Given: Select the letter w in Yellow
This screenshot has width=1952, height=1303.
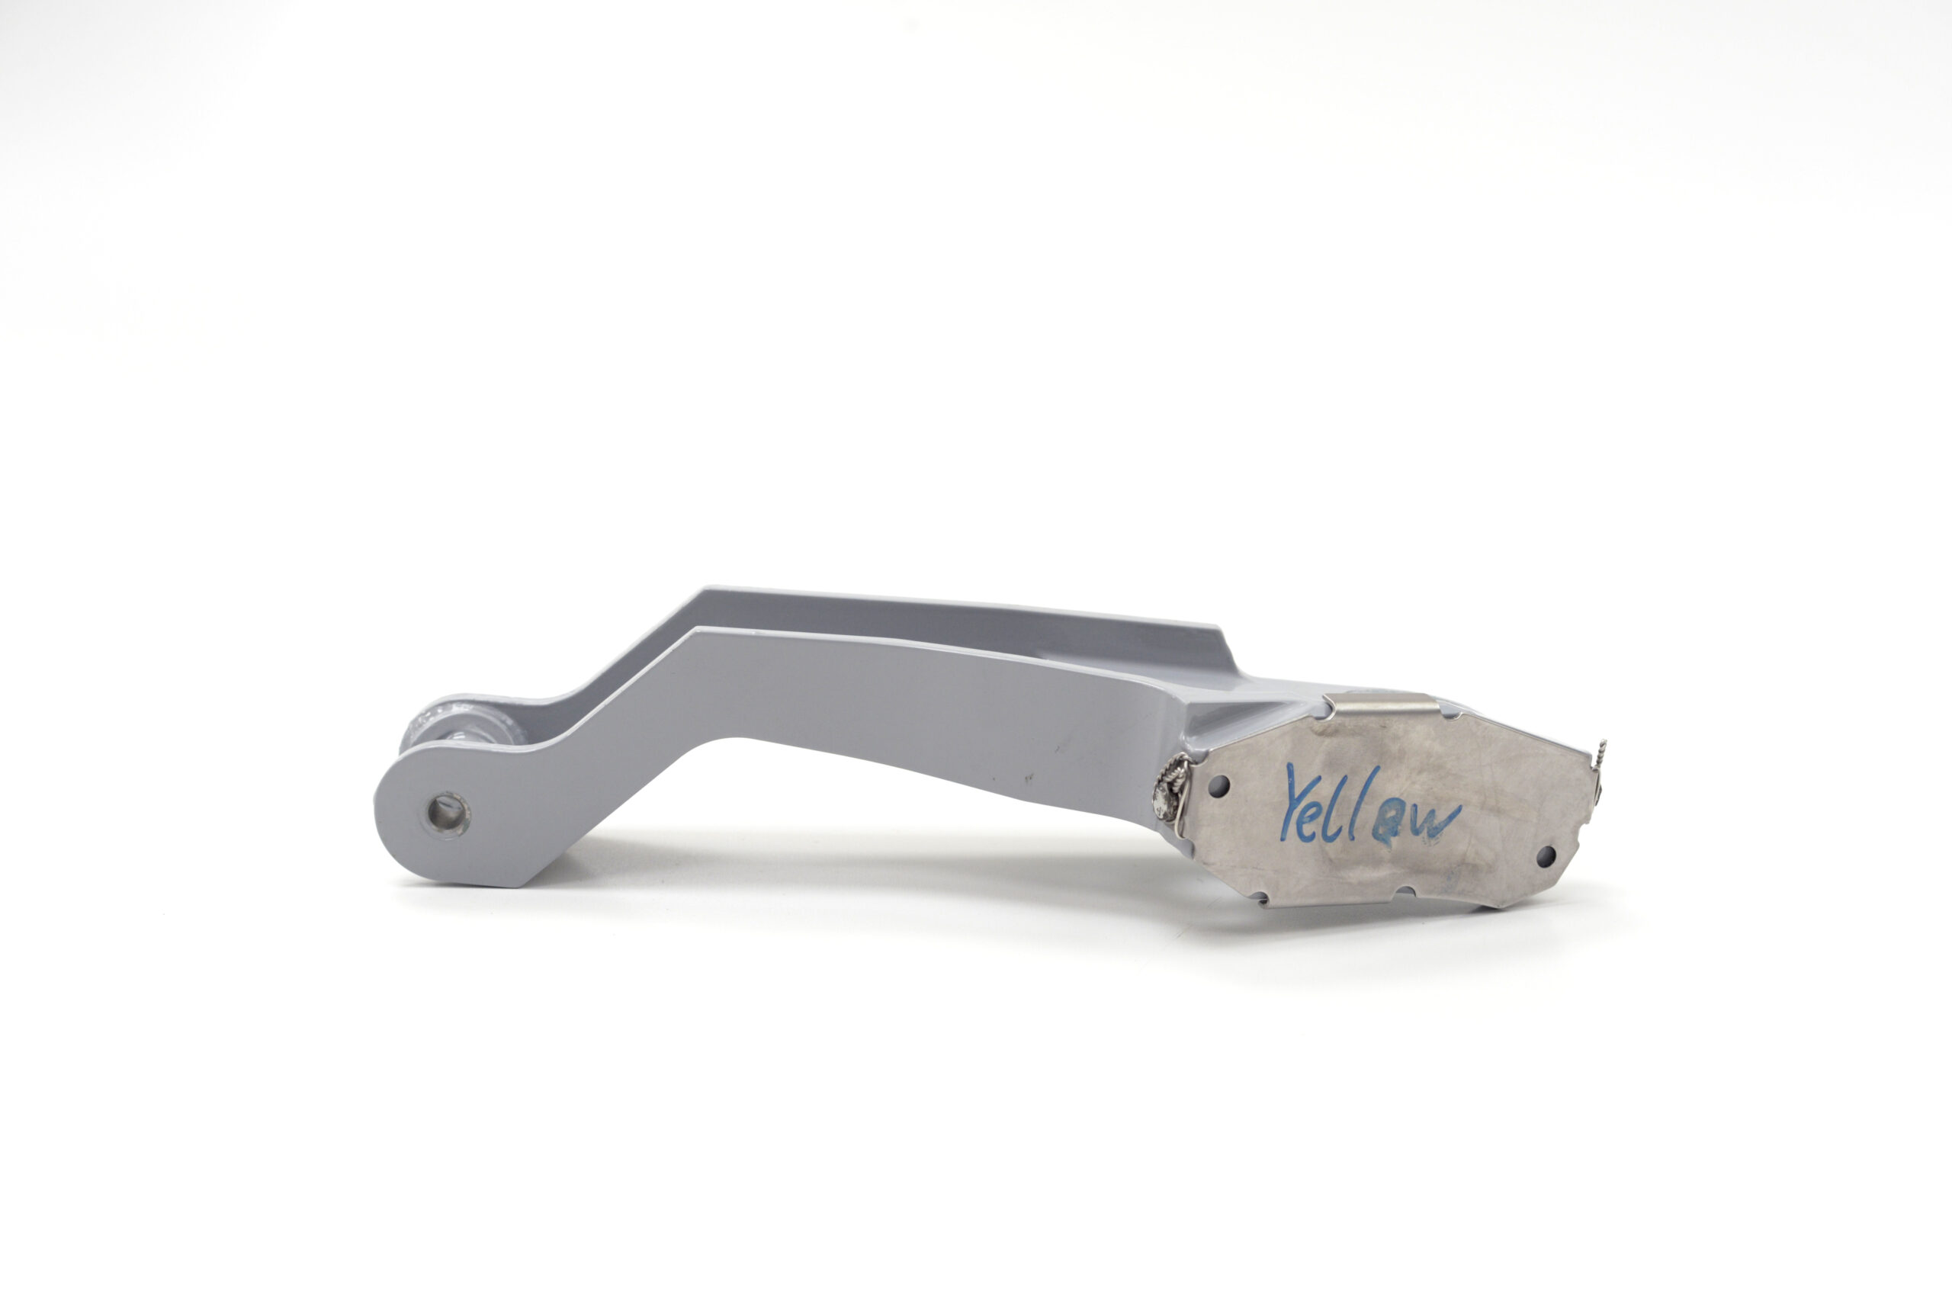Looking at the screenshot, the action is pyautogui.click(x=1433, y=820).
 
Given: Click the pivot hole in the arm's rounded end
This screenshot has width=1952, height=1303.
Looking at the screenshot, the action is pyautogui.click(x=448, y=815).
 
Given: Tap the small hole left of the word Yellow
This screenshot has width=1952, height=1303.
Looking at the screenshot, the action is pyautogui.click(x=1219, y=785).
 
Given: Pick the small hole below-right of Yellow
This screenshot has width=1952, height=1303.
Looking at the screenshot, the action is pyautogui.click(x=1546, y=855).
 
